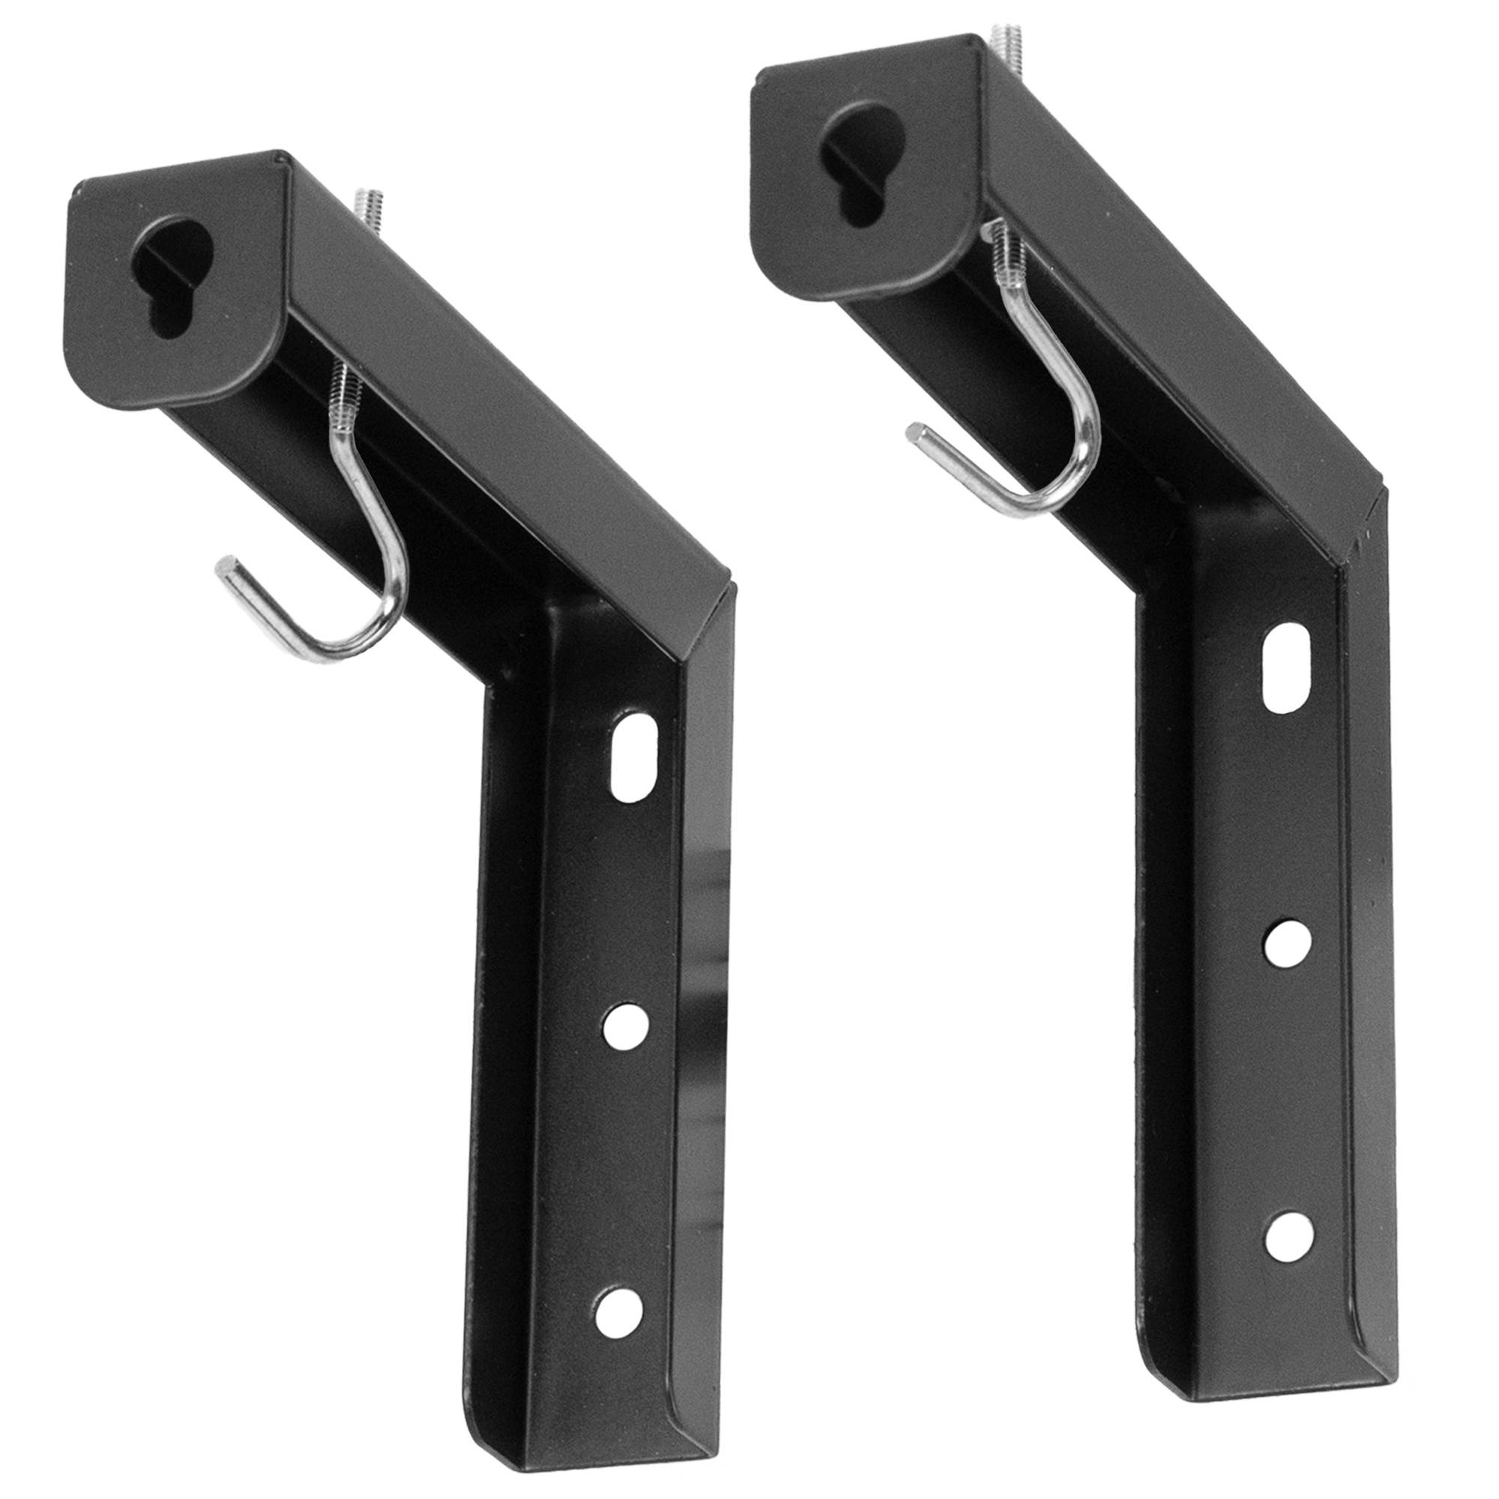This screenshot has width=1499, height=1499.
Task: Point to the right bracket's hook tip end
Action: point(917,434)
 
